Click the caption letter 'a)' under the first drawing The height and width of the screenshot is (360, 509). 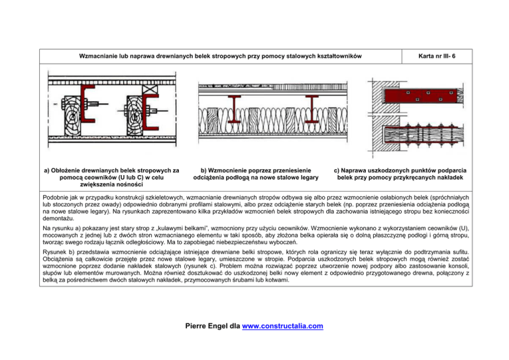tap(46, 170)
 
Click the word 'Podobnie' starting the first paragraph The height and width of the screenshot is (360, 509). tap(55, 198)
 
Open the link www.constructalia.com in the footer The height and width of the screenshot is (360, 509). tap(286, 326)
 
